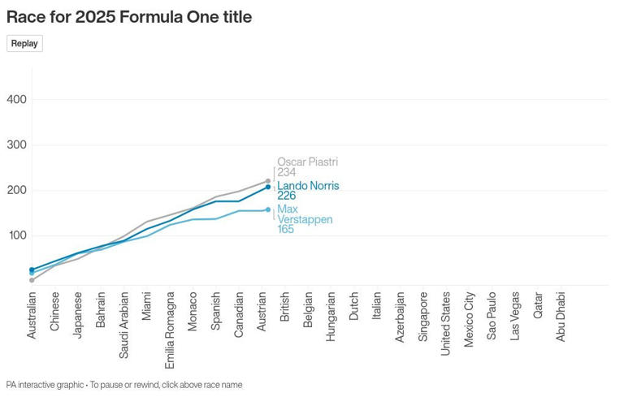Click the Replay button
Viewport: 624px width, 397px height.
[x=24, y=44]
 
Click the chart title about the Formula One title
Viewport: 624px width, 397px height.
[x=129, y=17]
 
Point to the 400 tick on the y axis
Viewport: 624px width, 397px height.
[x=17, y=100]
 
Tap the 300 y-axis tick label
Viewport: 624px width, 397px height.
[x=17, y=145]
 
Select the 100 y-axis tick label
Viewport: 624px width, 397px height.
[x=17, y=235]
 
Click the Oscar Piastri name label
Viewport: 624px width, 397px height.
[x=307, y=162]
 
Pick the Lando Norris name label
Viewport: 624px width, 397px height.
[x=308, y=186]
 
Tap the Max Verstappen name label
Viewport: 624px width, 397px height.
[x=304, y=214]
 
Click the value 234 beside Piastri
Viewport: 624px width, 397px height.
[x=286, y=173]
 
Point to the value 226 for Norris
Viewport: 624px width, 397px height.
[x=286, y=196]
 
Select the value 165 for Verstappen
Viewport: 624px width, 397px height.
[x=285, y=230]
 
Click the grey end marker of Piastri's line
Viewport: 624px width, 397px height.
[x=267, y=181]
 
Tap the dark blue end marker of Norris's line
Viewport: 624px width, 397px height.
[x=267, y=188]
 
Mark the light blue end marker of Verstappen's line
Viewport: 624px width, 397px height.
[x=267, y=209]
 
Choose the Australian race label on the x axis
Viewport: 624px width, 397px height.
[x=32, y=316]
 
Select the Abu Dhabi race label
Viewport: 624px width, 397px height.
[x=561, y=317]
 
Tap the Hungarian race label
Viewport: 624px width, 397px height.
[x=331, y=316]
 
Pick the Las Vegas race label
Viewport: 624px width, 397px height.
[x=515, y=316]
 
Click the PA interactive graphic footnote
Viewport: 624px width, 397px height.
[x=124, y=385]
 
